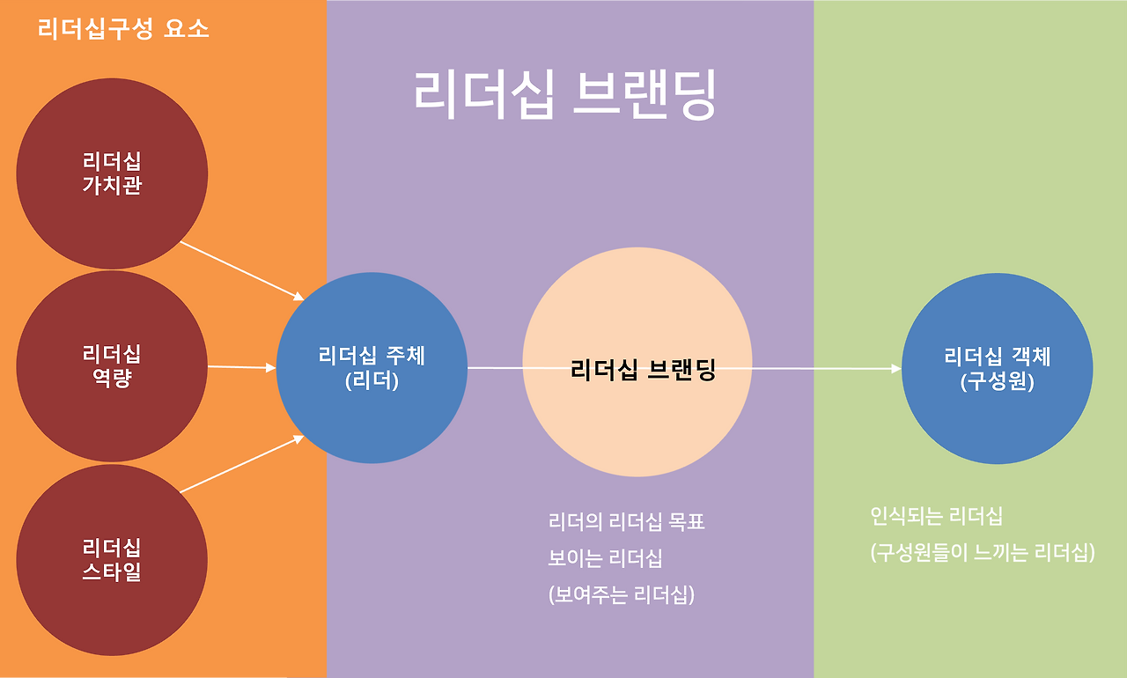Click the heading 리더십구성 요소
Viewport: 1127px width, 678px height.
click(123, 29)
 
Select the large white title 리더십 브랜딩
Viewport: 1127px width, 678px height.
click(564, 94)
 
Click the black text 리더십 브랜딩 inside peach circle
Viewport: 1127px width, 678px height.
click(643, 370)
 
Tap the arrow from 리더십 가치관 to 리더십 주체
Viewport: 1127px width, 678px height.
click(242, 270)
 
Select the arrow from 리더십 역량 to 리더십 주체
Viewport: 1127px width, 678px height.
click(241, 367)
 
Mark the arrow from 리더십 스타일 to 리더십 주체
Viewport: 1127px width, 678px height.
click(242, 464)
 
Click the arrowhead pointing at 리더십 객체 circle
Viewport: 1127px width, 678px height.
click(896, 369)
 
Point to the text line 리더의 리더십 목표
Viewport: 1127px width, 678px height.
click(626, 522)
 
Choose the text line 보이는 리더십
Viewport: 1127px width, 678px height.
click(605, 558)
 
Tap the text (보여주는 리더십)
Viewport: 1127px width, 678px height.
click(622, 595)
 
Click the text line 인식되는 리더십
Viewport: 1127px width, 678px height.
click(936, 516)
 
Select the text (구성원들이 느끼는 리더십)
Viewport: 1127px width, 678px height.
click(983, 553)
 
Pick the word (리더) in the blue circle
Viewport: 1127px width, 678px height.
click(372, 382)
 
